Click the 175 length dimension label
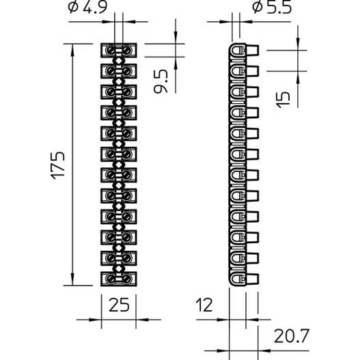pos(57,165)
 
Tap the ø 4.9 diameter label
pos(87,7)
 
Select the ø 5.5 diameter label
pos(272,7)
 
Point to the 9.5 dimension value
pos(161,82)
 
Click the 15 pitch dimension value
pos(283,100)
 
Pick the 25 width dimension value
pos(119,305)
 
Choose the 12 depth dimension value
pos(204,305)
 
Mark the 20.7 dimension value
pos(292,336)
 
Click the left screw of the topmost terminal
pos(111,51)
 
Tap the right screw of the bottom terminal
pos(126,279)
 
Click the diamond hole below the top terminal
pos(118,61)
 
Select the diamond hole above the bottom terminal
pos(118,268)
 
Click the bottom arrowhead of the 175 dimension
pos(72,280)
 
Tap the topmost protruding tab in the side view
pos(252,51)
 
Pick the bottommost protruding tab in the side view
pos(252,279)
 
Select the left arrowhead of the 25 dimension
pos(96,320)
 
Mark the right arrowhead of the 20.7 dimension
pos(264,350)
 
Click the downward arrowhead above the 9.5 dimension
pos(176,38)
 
